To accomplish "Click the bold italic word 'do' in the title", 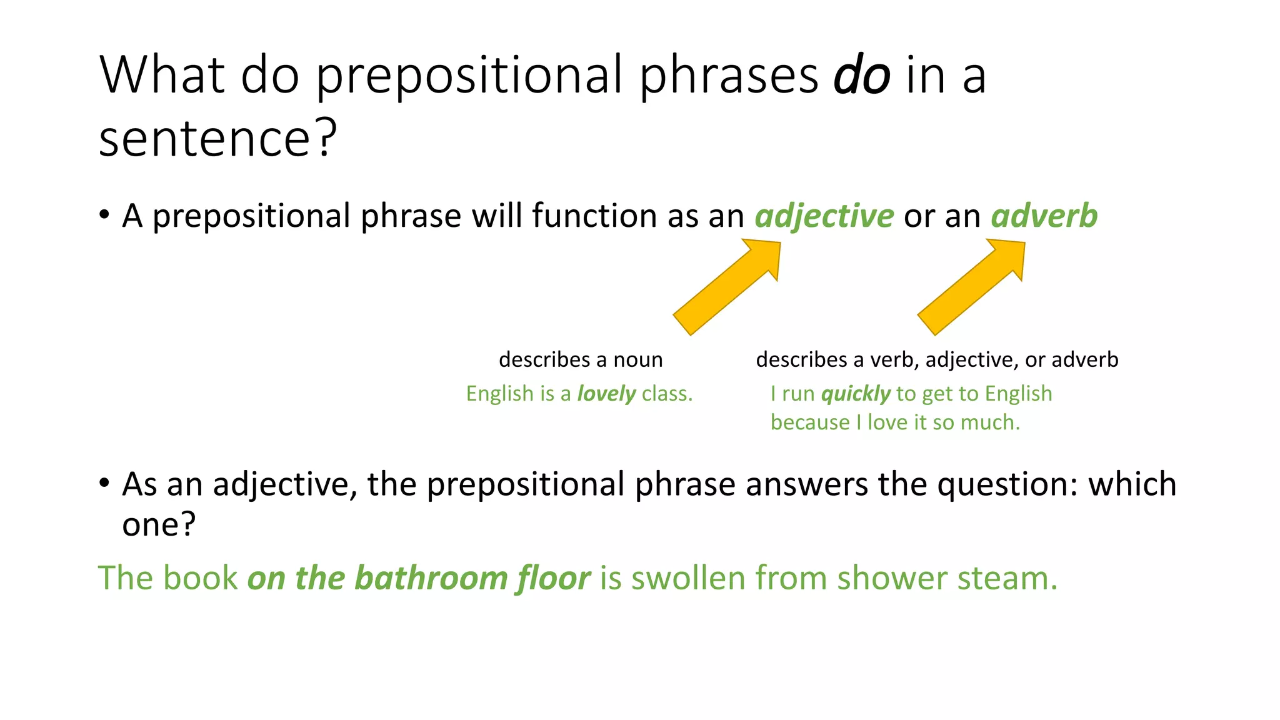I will click(861, 76).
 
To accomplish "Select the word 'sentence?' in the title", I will click(217, 138).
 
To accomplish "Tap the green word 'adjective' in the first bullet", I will click(824, 216).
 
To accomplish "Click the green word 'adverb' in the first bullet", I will click(1044, 216).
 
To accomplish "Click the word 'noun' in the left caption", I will click(637, 360).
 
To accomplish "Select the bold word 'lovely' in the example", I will click(606, 394).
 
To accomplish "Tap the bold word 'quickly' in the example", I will click(855, 394).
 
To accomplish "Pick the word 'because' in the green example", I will click(810, 423).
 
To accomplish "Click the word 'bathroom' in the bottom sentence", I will click(431, 578).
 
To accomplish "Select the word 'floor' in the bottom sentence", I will click(553, 578).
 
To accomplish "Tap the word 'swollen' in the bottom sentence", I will click(688, 578).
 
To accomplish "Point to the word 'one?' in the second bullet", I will click(159, 524).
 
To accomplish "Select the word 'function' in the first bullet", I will click(594, 216).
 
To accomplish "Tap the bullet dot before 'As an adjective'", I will click(104, 483).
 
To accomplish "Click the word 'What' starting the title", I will click(162, 76).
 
